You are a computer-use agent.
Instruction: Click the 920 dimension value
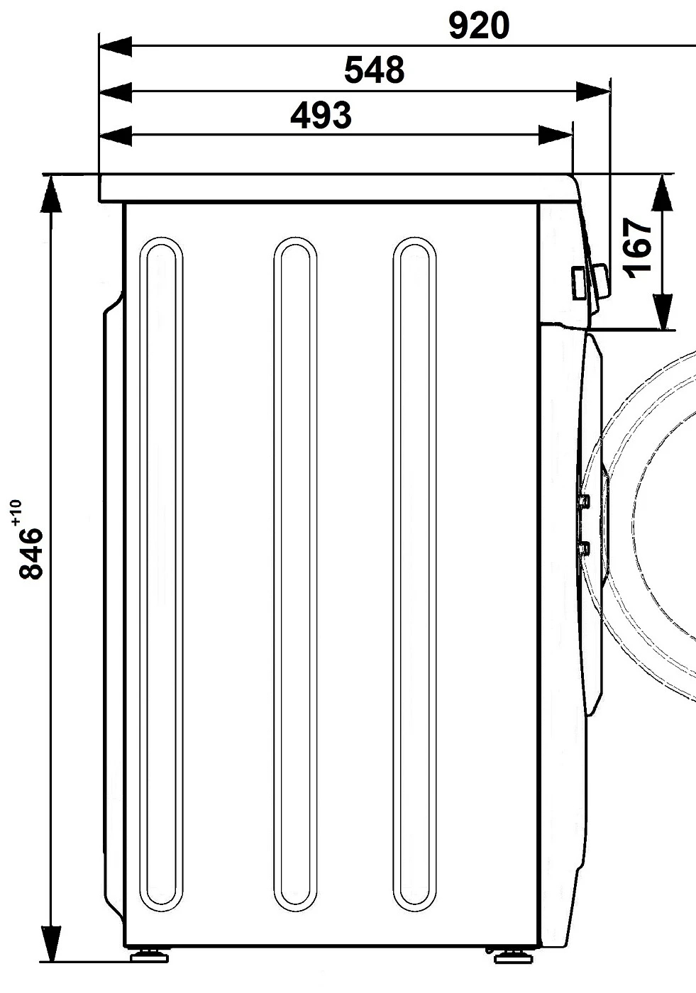[479, 26]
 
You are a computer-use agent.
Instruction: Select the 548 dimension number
[375, 70]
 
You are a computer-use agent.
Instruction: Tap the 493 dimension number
[321, 115]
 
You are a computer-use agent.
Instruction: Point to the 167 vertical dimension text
[639, 248]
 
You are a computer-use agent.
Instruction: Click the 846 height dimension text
[31, 554]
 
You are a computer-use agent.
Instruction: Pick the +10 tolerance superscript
[15, 512]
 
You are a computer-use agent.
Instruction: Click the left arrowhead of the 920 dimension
[115, 46]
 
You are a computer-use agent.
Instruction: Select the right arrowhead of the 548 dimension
[593, 91]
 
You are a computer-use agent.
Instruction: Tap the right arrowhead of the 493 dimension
[556, 135]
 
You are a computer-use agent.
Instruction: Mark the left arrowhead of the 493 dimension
[115, 135]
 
